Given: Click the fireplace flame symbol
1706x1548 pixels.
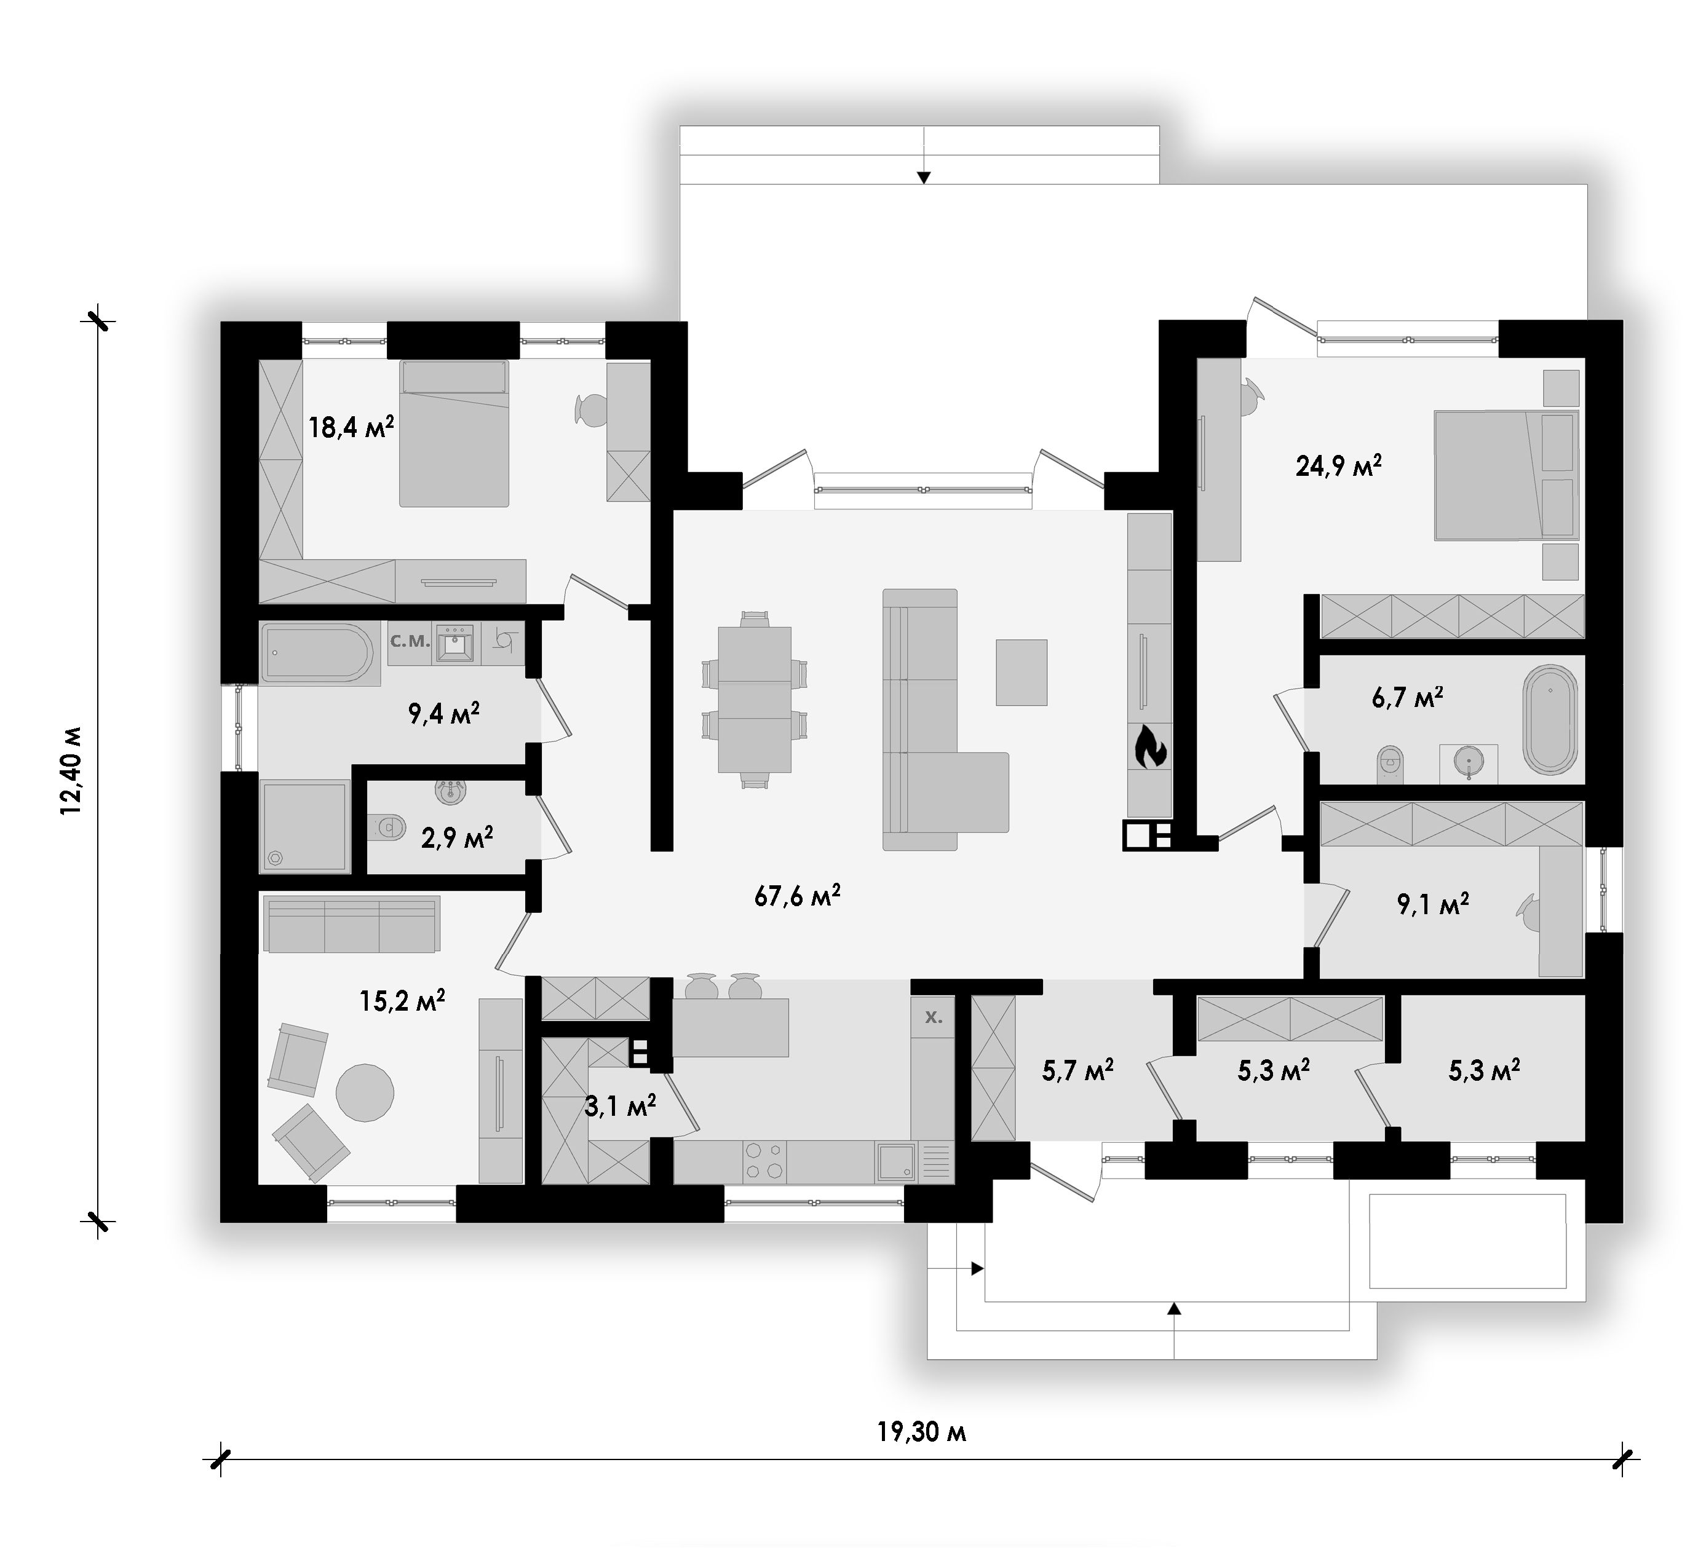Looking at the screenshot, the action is click(1149, 747).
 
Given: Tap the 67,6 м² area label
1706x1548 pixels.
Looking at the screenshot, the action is click(797, 895).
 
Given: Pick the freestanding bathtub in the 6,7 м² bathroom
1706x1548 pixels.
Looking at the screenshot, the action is click(1550, 720).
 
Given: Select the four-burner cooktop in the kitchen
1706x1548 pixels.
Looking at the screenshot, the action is click(764, 1161).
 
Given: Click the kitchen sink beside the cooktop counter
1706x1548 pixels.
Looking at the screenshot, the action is click(895, 1161).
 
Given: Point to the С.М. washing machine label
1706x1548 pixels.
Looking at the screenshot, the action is click(410, 641).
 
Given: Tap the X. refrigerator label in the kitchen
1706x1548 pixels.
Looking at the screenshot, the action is click(934, 1017).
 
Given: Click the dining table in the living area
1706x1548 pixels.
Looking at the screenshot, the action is click(755, 700).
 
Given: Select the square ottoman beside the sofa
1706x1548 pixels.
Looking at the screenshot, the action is click(1022, 673).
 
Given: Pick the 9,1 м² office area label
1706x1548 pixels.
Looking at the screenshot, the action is click(1434, 904).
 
